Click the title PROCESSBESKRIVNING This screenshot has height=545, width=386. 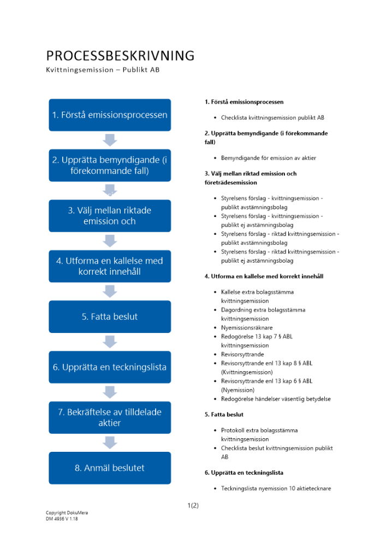[120, 56]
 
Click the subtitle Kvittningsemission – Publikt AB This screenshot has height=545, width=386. [103, 70]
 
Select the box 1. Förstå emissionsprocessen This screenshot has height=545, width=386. [110, 115]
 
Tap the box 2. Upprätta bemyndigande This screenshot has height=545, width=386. [110, 165]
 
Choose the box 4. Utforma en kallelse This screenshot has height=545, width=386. [110, 266]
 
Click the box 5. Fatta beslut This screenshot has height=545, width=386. [110, 317]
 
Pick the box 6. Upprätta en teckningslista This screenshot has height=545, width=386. [110, 367]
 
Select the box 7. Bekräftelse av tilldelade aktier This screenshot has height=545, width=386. [110, 417]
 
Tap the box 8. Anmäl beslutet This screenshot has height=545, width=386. [110, 468]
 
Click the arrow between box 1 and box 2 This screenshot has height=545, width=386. [110, 140]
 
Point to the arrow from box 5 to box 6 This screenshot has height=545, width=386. [110, 342]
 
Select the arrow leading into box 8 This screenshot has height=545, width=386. [110, 443]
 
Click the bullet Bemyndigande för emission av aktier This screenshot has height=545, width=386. [268, 158]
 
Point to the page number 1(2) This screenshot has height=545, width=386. [193, 505]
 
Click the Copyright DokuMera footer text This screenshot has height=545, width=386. [67, 513]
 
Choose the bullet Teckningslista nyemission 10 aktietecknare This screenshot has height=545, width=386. [276, 488]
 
